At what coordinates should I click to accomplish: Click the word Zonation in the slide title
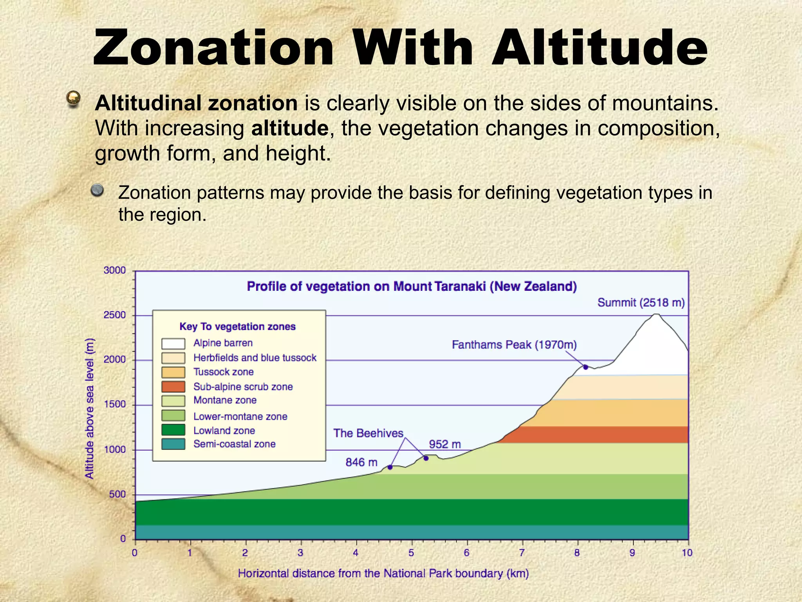click(x=213, y=48)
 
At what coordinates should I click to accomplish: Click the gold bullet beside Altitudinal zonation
click(x=73, y=98)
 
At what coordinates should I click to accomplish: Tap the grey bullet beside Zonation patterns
click(x=97, y=190)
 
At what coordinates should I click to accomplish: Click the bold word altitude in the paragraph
click(x=289, y=128)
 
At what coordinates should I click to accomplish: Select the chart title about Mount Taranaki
click(x=412, y=286)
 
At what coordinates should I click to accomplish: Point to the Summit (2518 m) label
click(x=641, y=303)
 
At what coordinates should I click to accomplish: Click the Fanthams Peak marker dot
click(x=585, y=367)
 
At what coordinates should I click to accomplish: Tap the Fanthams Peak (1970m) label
click(x=514, y=345)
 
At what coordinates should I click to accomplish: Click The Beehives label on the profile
click(x=368, y=433)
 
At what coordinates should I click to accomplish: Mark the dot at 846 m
click(x=390, y=467)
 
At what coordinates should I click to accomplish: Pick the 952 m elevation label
click(x=444, y=444)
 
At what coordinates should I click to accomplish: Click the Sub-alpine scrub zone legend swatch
click(x=173, y=387)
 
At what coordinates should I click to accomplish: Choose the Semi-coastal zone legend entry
click(x=234, y=444)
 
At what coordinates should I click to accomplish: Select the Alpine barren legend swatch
click(x=173, y=344)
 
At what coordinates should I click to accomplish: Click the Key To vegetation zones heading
click(x=237, y=326)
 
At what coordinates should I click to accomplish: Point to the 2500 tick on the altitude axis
click(x=115, y=315)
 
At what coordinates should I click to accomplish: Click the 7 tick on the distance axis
click(x=522, y=553)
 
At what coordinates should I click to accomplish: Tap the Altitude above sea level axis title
click(x=90, y=408)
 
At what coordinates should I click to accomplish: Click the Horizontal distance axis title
click(x=383, y=574)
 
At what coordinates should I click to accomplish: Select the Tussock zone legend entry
click(x=223, y=372)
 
